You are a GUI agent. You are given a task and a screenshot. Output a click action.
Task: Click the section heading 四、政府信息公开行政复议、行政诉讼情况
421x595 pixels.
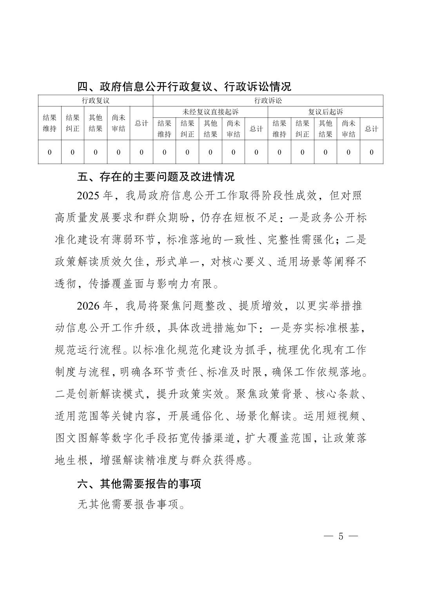tap(184, 86)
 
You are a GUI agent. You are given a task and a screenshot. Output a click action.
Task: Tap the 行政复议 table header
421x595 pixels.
tap(95, 101)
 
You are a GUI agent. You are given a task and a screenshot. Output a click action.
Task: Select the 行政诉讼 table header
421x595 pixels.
tap(268, 101)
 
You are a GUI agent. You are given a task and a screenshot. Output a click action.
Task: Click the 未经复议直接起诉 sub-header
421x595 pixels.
tap(210, 112)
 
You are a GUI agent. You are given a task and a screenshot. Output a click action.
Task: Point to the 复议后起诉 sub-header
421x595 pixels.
tap(325, 112)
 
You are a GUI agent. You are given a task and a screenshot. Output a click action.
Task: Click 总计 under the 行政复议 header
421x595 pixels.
tap(142, 123)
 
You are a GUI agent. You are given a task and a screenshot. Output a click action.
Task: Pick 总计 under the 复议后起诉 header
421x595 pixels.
tap(372, 128)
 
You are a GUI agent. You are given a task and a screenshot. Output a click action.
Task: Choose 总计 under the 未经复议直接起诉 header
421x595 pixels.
tap(256, 128)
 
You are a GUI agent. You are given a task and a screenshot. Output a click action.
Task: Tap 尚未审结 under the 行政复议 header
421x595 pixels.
tap(118, 123)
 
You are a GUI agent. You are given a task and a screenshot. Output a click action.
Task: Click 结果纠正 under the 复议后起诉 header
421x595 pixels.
tap(302, 128)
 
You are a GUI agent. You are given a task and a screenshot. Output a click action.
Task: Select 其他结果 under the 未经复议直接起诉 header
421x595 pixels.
tap(210, 128)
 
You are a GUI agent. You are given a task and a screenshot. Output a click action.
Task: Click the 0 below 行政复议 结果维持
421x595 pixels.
tap(49, 152)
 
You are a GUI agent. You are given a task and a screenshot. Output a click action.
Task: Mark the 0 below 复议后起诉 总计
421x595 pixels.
tap(372, 152)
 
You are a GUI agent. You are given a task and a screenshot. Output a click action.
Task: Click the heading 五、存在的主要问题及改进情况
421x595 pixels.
tap(156, 177)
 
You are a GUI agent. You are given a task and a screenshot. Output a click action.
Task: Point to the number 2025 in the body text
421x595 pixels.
tap(89, 195)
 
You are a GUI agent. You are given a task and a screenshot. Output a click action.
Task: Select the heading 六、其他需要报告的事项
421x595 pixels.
tap(139, 484)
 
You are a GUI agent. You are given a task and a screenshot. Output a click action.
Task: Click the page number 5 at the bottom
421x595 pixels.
tap(341, 536)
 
